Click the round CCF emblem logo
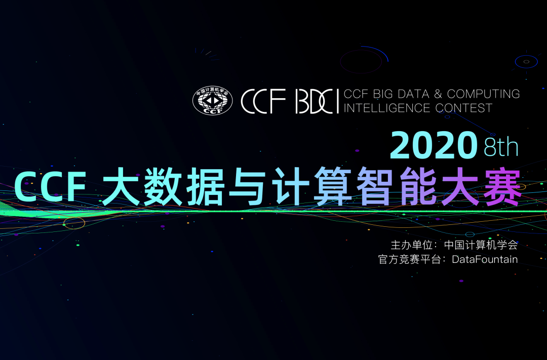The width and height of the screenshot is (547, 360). click(x=212, y=100)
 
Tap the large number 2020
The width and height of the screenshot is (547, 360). click(x=434, y=146)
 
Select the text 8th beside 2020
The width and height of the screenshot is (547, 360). click(x=501, y=147)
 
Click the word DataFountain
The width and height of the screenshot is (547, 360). click(x=485, y=259)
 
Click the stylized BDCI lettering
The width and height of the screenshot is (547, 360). click(x=317, y=101)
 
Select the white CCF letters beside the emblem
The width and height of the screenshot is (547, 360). click(x=264, y=101)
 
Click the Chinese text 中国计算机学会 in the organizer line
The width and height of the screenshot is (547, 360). click(x=481, y=245)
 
